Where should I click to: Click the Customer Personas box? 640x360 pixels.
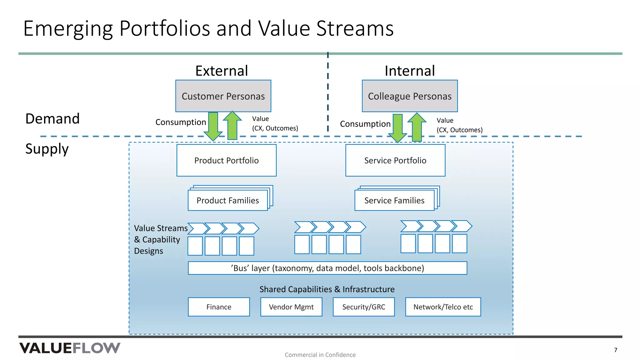[x=223, y=96]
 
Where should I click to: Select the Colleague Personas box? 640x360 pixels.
[x=409, y=96]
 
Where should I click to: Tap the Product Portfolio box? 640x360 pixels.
[x=226, y=160]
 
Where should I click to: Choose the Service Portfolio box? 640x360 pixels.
[x=395, y=160]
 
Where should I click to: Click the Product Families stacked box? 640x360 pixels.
[x=228, y=200]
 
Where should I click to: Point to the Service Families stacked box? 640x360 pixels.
[x=394, y=200]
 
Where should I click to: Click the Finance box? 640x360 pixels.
[x=219, y=307]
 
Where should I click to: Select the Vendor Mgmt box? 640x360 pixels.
[x=291, y=307]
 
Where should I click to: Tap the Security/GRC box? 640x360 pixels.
[x=363, y=307]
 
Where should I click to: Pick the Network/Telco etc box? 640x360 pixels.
[x=443, y=307]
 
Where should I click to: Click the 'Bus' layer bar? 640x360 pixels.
[x=327, y=268]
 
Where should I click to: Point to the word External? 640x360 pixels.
[x=222, y=71]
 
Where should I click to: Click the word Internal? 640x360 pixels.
[x=409, y=71]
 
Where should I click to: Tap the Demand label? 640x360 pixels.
[x=52, y=119]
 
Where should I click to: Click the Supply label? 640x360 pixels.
[x=47, y=149]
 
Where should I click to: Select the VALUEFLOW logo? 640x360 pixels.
[x=70, y=348]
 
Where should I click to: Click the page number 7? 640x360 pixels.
[x=615, y=350]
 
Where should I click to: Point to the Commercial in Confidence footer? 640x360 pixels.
[x=320, y=355]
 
